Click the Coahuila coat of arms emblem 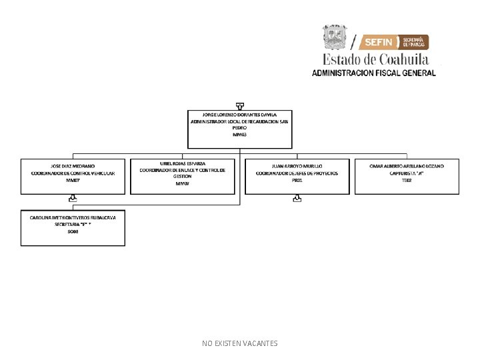335,37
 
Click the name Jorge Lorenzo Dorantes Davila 239,115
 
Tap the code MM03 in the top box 239,135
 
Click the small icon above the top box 239,105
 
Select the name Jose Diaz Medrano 73,165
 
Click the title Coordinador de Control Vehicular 73,173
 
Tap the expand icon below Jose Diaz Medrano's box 73,198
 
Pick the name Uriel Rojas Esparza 183,163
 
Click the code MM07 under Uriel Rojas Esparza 183,183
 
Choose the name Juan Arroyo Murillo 297,165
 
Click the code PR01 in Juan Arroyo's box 297,181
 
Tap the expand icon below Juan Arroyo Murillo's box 297,198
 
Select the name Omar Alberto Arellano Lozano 407,165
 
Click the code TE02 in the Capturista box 407,181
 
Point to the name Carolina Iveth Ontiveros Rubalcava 73,217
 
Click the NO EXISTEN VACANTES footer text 240,343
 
